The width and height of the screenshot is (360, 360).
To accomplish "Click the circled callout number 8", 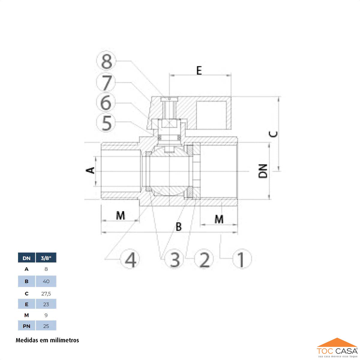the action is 106,61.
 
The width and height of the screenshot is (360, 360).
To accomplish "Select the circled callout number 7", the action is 106,82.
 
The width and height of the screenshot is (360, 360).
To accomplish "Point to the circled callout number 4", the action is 130,259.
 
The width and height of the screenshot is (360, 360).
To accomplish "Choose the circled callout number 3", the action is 174,259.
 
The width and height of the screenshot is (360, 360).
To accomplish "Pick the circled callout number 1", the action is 242,259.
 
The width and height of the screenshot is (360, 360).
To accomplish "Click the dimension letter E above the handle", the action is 199,70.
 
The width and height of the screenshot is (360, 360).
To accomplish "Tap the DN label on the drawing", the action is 263,171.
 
